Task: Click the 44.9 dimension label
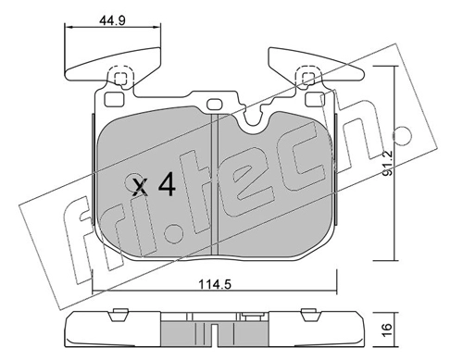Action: point(111,20)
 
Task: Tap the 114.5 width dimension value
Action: point(215,284)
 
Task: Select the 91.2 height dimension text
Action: point(387,163)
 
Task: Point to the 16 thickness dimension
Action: point(387,329)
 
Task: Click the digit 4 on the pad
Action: point(167,184)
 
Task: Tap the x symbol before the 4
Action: point(140,187)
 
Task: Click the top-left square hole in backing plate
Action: point(114,99)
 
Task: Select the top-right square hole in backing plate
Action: point(314,99)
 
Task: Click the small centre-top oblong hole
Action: point(215,105)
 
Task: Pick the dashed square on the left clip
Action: point(120,78)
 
